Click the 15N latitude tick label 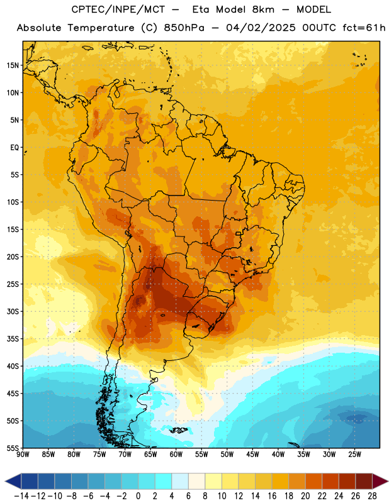pos(13,65)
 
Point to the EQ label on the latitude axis pos(14,148)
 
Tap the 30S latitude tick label pos(13,311)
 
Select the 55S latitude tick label pos(13,448)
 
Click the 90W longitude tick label pos(23,455)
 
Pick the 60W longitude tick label pos(176,455)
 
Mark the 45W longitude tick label pos(252,455)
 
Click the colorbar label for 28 pos(372,496)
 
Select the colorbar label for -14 pos(21,496)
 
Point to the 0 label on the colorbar pos(138,496)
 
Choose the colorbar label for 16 pos(272,496)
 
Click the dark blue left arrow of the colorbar pos(13,481)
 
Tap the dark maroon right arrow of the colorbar pos(380,481)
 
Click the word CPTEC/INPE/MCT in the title pos(118,9)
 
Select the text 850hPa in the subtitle pos(184,28)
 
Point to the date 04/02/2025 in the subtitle pos(261,28)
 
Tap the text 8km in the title pos(263,9)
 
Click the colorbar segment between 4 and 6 pos(180,481)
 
